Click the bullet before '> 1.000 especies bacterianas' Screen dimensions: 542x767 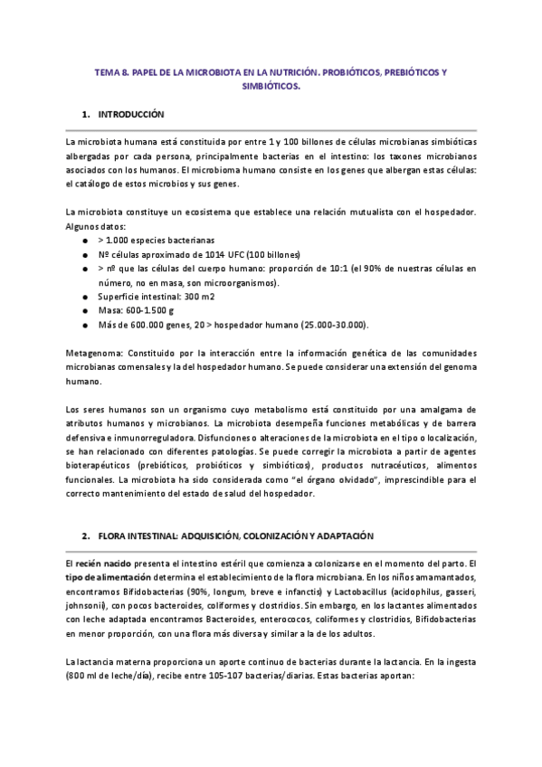coord(84,241)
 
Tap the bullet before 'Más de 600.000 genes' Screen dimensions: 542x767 coord(84,324)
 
